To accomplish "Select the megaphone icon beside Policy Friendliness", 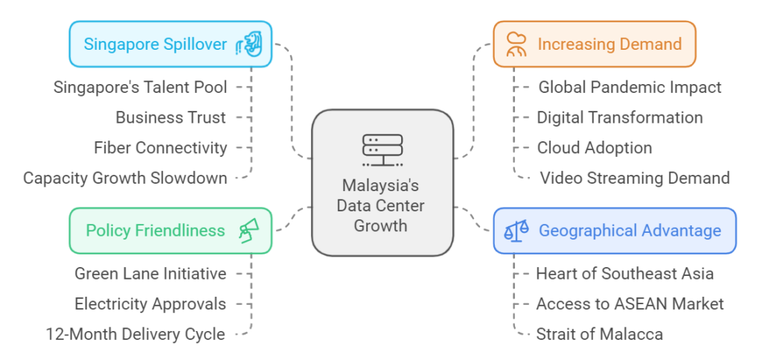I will [249, 231].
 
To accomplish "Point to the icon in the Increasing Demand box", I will [515, 45].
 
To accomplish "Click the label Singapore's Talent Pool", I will [140, 87].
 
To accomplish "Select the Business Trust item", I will [170, 118].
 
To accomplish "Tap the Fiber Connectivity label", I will [160, 148].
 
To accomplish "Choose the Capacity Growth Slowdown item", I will [124, 179].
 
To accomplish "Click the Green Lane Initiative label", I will [150, 274].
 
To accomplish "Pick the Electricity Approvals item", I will [150, 304].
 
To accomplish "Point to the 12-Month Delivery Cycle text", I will [135, 335].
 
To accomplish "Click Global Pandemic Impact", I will [630, 87].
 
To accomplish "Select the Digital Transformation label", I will [620, 118].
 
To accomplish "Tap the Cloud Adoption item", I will [594, 148].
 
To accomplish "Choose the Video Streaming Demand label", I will [634, 179].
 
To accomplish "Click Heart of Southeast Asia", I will [624, 274].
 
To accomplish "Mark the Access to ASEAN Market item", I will [630, 304].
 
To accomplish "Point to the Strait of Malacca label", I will [599, 335].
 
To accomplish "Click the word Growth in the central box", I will [381, 226].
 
